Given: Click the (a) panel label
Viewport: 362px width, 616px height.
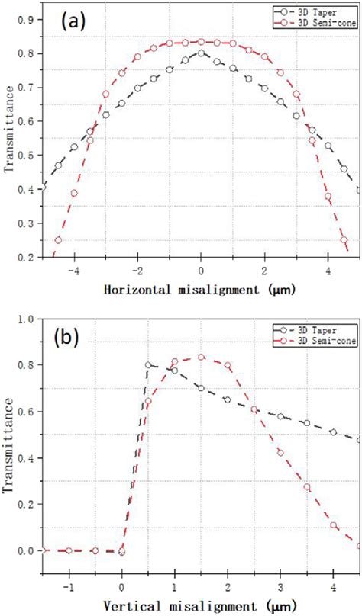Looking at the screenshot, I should [x=77, y=24].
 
